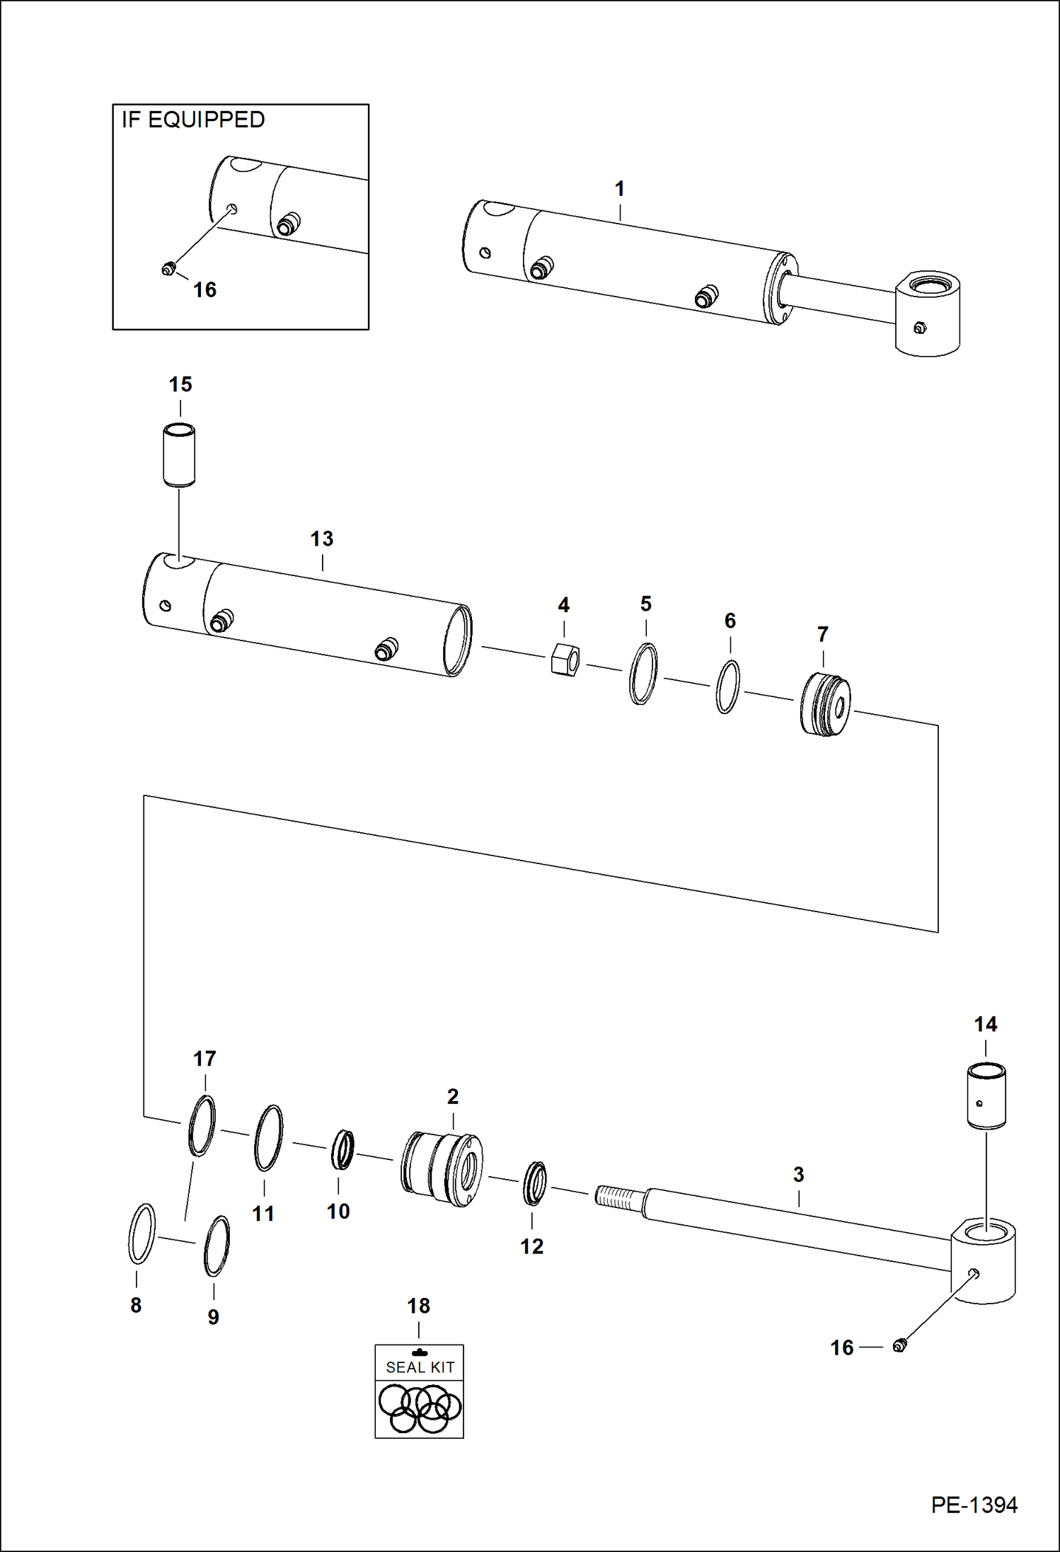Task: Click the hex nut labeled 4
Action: [565, 660]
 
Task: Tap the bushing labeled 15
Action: [179, 454]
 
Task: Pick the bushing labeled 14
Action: [986, 1095]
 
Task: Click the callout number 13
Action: [322, 539]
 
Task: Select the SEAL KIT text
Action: [420, 1367]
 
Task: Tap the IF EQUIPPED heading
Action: [193, 120]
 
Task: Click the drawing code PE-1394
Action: [974, 1505]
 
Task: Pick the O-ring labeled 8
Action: [142, 1234]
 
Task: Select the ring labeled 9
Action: [217, 1246]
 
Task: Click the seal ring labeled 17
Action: [202, 1125]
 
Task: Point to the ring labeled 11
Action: [269, 1137]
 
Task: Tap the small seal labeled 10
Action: [343, 1149]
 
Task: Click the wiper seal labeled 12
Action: [535, 1183]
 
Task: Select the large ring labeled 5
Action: [643, 673]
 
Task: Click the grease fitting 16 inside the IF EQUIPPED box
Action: [168, 268]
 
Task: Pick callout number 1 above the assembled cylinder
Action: [620, 189]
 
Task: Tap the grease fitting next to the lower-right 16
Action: [899, 1345]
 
